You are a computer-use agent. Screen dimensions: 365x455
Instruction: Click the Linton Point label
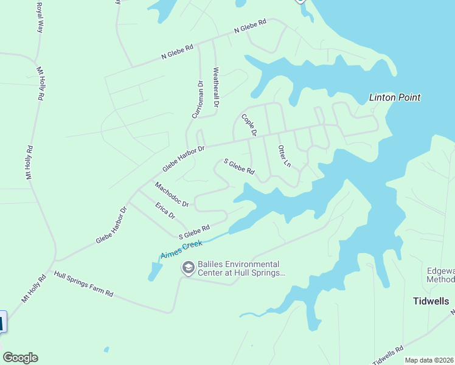click(395, 97)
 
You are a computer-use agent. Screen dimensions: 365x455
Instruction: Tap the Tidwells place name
click(431, 301)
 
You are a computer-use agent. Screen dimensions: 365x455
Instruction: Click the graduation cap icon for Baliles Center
click(188, 267)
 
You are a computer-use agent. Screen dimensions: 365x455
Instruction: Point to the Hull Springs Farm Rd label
click(84, 284)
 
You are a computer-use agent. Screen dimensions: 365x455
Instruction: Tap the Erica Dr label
click(165, 210)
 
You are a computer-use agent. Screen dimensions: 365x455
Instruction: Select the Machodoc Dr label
click(172, 194)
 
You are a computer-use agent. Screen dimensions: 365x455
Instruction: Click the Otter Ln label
click(285, 156)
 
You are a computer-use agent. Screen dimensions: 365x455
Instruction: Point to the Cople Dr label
click(249, 125)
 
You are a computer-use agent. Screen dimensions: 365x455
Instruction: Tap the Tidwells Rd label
click(388, 356)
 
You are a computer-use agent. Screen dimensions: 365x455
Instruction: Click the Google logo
click(20, 358)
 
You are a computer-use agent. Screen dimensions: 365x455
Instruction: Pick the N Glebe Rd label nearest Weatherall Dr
click(177, 51)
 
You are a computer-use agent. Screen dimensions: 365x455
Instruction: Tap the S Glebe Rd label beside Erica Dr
click(194, 231)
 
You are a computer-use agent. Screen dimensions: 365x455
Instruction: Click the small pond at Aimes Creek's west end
click(153, 271)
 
